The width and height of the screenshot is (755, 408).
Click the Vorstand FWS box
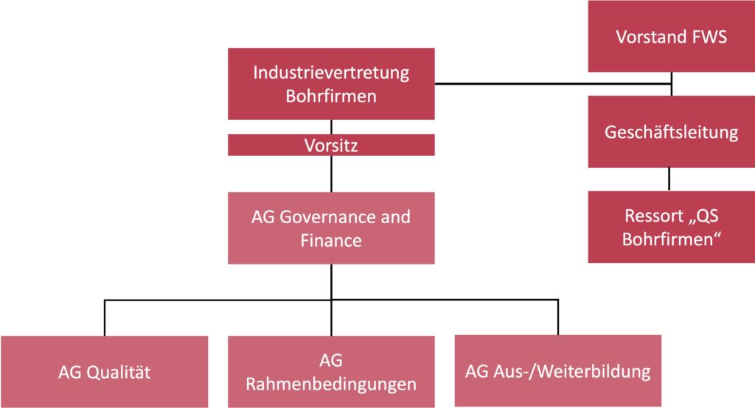pyautogui.click(x=671, y=36)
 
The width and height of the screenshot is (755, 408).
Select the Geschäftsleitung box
pyautogui.click(x=671, y=132)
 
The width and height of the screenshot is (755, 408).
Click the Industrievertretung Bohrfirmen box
pyautogui.click(x=331, y=84)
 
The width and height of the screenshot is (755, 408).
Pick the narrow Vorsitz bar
pyautogui.click(x=331, y=146)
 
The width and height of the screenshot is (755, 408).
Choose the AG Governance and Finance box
pyautogui.click(x=331, y=228)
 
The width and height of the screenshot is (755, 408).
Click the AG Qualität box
pyautogui.click(x=104, y=372)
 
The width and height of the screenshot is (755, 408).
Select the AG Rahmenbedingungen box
pyautogui.click(x=331, y=372)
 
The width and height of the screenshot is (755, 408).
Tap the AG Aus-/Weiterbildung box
pyautogui.click(x=558, y=370)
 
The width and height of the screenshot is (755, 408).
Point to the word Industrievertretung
pyautogui.click(x=331, y=73)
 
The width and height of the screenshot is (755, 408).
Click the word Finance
pyautogui.click(x=331, y=240)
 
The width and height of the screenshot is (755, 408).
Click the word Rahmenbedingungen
pyautogui.click(x=331, y=384)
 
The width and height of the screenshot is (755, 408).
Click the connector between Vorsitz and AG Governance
pyautogui.click(x=331, y=174)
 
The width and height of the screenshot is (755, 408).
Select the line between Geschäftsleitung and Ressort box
pyautogui.click(x=670, y=180)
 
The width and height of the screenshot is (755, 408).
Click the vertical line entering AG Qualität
pyautogui.click(x=104, y=318)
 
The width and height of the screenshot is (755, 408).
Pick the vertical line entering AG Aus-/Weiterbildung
pyautogui.click(x=558, y=317)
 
